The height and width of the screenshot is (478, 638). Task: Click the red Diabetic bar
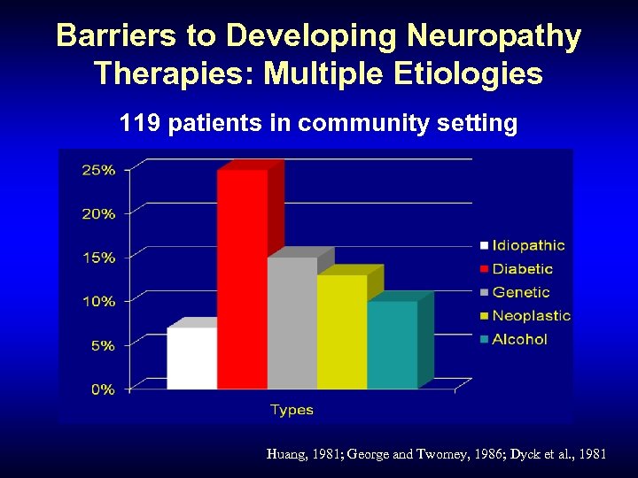point(242,279)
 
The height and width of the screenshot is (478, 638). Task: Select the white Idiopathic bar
point(191,358)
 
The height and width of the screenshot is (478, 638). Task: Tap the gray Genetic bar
point(292,323)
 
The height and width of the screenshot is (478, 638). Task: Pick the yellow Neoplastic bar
point(341,331)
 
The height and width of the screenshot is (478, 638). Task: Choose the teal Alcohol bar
point(392,344)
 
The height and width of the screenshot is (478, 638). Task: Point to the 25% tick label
point(98,170)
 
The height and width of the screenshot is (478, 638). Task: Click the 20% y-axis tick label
point(98,214)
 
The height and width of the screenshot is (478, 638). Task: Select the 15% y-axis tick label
point(98,258)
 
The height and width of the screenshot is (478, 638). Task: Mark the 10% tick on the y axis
point(98,302)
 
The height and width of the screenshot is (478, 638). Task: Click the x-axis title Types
point(292,410)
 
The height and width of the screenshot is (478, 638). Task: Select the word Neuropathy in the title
point(494,36)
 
